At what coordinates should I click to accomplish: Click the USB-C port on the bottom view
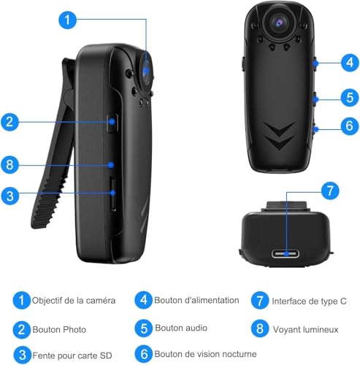(286, 253)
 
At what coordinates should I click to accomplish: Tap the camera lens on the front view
(279, 23)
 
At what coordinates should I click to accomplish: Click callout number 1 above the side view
(68, 20)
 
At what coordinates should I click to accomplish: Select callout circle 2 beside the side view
(9, 121)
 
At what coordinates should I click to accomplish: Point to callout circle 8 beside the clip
(9, 165)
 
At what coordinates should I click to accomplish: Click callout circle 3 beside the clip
(9, 196)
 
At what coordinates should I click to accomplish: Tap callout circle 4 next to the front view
(350, 63)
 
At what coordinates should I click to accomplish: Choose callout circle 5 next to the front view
(350, 98)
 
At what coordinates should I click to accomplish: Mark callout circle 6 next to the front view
(350, 126)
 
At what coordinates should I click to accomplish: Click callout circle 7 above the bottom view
(330, 191)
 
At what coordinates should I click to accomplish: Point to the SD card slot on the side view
(112, 194)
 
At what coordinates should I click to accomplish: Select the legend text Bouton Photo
(59, 330)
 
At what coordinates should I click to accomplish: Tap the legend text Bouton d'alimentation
(196, 300)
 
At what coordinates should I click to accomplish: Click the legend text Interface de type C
(309, 301)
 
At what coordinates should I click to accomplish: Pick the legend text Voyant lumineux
(306, 330)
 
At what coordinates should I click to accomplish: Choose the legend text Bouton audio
(181, 328)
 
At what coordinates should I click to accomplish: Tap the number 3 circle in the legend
(22, 355)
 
